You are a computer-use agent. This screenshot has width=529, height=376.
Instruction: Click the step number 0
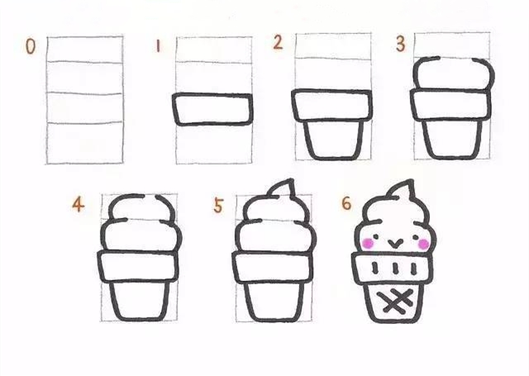[31, 47]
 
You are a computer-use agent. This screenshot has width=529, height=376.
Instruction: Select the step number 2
[278, 43]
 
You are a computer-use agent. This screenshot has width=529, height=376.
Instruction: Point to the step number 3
[400, 44]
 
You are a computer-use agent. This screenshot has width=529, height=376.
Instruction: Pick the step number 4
[78, 204]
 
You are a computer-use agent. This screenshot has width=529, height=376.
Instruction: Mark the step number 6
[346, 203]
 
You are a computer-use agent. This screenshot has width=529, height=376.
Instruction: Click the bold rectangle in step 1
[212, 108]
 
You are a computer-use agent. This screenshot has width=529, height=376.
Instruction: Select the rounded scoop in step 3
[452, 75]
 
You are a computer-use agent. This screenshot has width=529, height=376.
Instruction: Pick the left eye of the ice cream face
[379, 236]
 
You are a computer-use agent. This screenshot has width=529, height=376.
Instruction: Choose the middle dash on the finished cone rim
[396, 269]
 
